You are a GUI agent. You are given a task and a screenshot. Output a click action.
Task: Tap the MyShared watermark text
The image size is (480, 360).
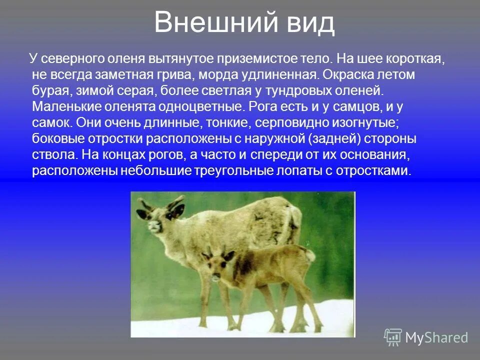click(x=436, y=338)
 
